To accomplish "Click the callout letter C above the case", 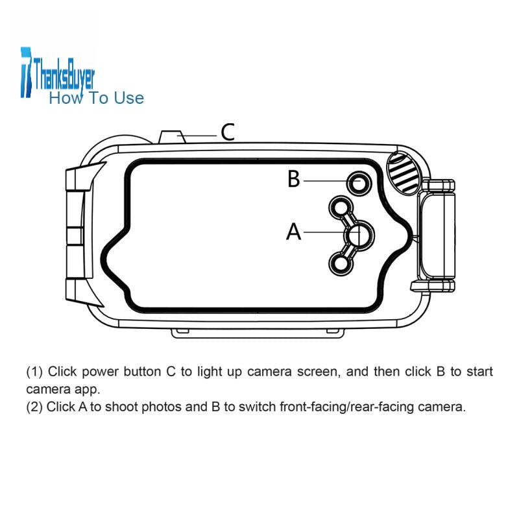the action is tap(228, 132).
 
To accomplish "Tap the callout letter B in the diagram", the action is tap(294, 179).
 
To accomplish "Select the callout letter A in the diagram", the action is tap(294, 232).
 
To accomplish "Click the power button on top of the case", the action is tap(172, 137).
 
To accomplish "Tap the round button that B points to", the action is tap(359, 183).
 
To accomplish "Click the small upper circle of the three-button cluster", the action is tap(341, 208).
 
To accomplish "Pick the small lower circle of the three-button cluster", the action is tap(341, 264).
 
